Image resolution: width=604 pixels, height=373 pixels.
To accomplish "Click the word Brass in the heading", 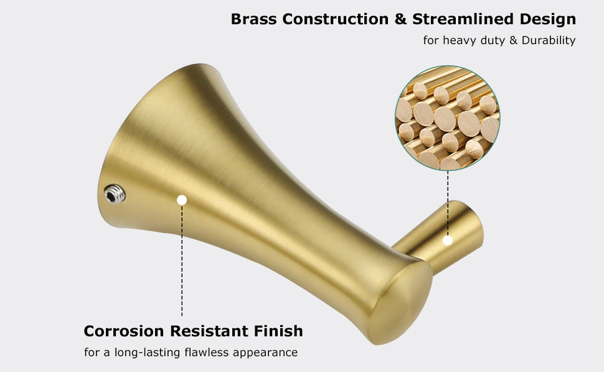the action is click(253, 19).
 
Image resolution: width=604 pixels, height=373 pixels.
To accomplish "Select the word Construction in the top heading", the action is click(336, 19).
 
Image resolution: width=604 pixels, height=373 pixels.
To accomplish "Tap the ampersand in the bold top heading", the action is click(400, 19).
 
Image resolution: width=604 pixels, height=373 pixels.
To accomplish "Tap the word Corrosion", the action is click(124, 331).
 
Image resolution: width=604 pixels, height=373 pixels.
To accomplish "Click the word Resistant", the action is click(209, 331).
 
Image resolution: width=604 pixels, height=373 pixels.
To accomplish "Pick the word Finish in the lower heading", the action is click(278, 331).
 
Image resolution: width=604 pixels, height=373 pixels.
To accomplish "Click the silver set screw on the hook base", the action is click(115, 194).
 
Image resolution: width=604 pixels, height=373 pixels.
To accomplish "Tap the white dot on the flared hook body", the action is click(182, 200).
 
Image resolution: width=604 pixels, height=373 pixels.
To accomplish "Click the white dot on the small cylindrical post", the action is click(448, 241).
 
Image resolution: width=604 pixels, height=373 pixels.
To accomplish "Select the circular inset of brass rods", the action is click(448, 118).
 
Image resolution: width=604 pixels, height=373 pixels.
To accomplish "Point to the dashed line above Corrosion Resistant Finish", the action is click(182, 260).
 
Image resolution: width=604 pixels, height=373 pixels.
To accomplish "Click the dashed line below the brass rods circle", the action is click(448, 203).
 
